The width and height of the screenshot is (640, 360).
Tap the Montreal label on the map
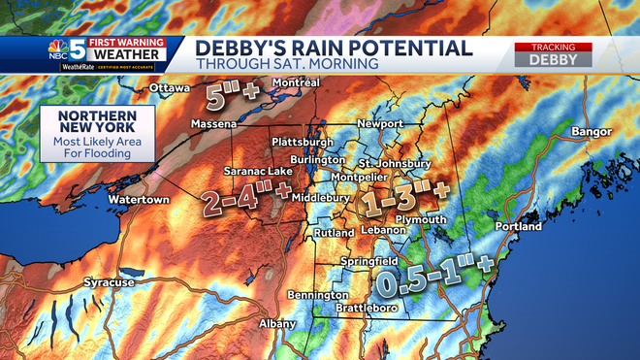(x=296, y=82)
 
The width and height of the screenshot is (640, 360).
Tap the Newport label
(x=379, y=124)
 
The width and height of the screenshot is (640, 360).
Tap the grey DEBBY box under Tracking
(x=553, y=59)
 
